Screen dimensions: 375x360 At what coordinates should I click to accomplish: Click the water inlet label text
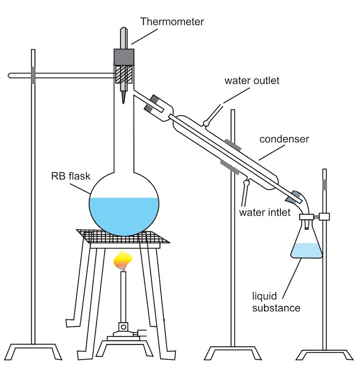coord(264,213)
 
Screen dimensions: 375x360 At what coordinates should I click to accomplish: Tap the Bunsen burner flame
coord(123,258)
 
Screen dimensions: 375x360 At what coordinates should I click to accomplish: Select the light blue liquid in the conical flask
coord(307,251)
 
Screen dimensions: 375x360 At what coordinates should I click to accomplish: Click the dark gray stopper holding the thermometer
coord(124,57)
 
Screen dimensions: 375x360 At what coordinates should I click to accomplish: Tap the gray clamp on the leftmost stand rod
coord(33,75)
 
